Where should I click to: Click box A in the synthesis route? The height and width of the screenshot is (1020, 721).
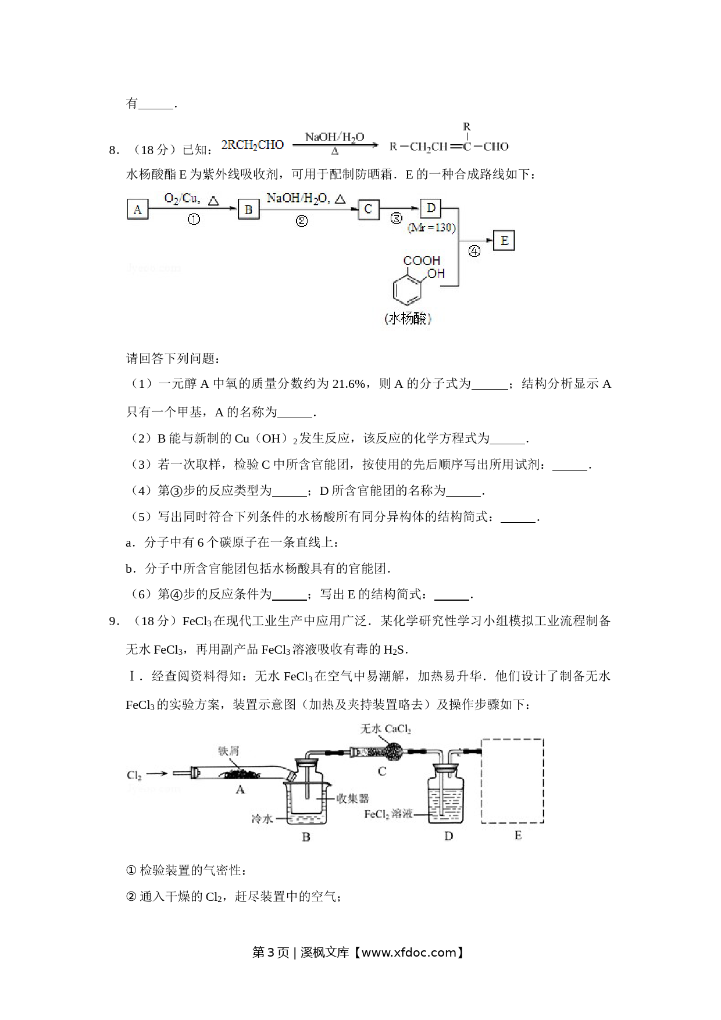click(x=138, y=209)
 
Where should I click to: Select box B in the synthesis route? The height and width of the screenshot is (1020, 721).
click(x=248, y=209)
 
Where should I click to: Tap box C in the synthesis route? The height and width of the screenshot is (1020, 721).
click(x=369, y=209)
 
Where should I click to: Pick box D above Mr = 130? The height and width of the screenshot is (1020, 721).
click(x=431, y=208)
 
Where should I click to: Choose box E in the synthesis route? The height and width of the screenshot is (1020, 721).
click(x=504, y=240)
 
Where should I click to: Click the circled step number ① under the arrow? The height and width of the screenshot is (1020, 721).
click(x=194, y=220)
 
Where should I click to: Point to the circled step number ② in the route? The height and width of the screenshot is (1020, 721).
click(x=301, y=221)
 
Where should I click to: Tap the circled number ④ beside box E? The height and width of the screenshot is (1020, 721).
click(x=474, y=251)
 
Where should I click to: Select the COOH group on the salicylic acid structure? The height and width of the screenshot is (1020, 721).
click(x=422, y=261)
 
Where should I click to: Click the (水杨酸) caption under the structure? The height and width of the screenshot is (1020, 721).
click(x=408, y=318)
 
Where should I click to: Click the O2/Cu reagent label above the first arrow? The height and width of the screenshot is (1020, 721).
click(x=182, y=198)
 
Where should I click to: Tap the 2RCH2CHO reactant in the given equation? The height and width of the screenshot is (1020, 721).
click(x=252, y=145)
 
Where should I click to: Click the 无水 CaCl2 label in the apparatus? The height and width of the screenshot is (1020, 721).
click(x=386, y=729)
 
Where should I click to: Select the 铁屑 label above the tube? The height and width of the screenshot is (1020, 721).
click(x=229, y=750)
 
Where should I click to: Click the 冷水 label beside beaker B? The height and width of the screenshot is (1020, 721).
click(x=262, y=818)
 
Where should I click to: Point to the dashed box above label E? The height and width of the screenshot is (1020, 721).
click(x=512, y=781)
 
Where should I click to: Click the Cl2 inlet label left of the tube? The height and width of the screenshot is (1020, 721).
click(x=134, y=775)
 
